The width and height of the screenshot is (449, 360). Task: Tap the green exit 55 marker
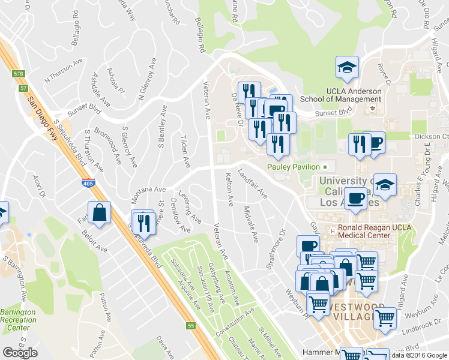tap(191, 326)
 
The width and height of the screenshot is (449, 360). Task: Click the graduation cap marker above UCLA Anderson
tap(346, 67)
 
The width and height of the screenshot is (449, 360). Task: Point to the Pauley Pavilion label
tap(293, 166)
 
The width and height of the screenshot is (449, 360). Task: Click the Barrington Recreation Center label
tap(18, 320)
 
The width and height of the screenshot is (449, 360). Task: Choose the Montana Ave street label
tap(148, 192)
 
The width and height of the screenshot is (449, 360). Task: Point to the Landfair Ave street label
tap(253, 183)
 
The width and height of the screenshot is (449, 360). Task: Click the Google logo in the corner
tap(20, 352)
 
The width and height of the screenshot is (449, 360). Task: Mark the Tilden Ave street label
tap(185, 152)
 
